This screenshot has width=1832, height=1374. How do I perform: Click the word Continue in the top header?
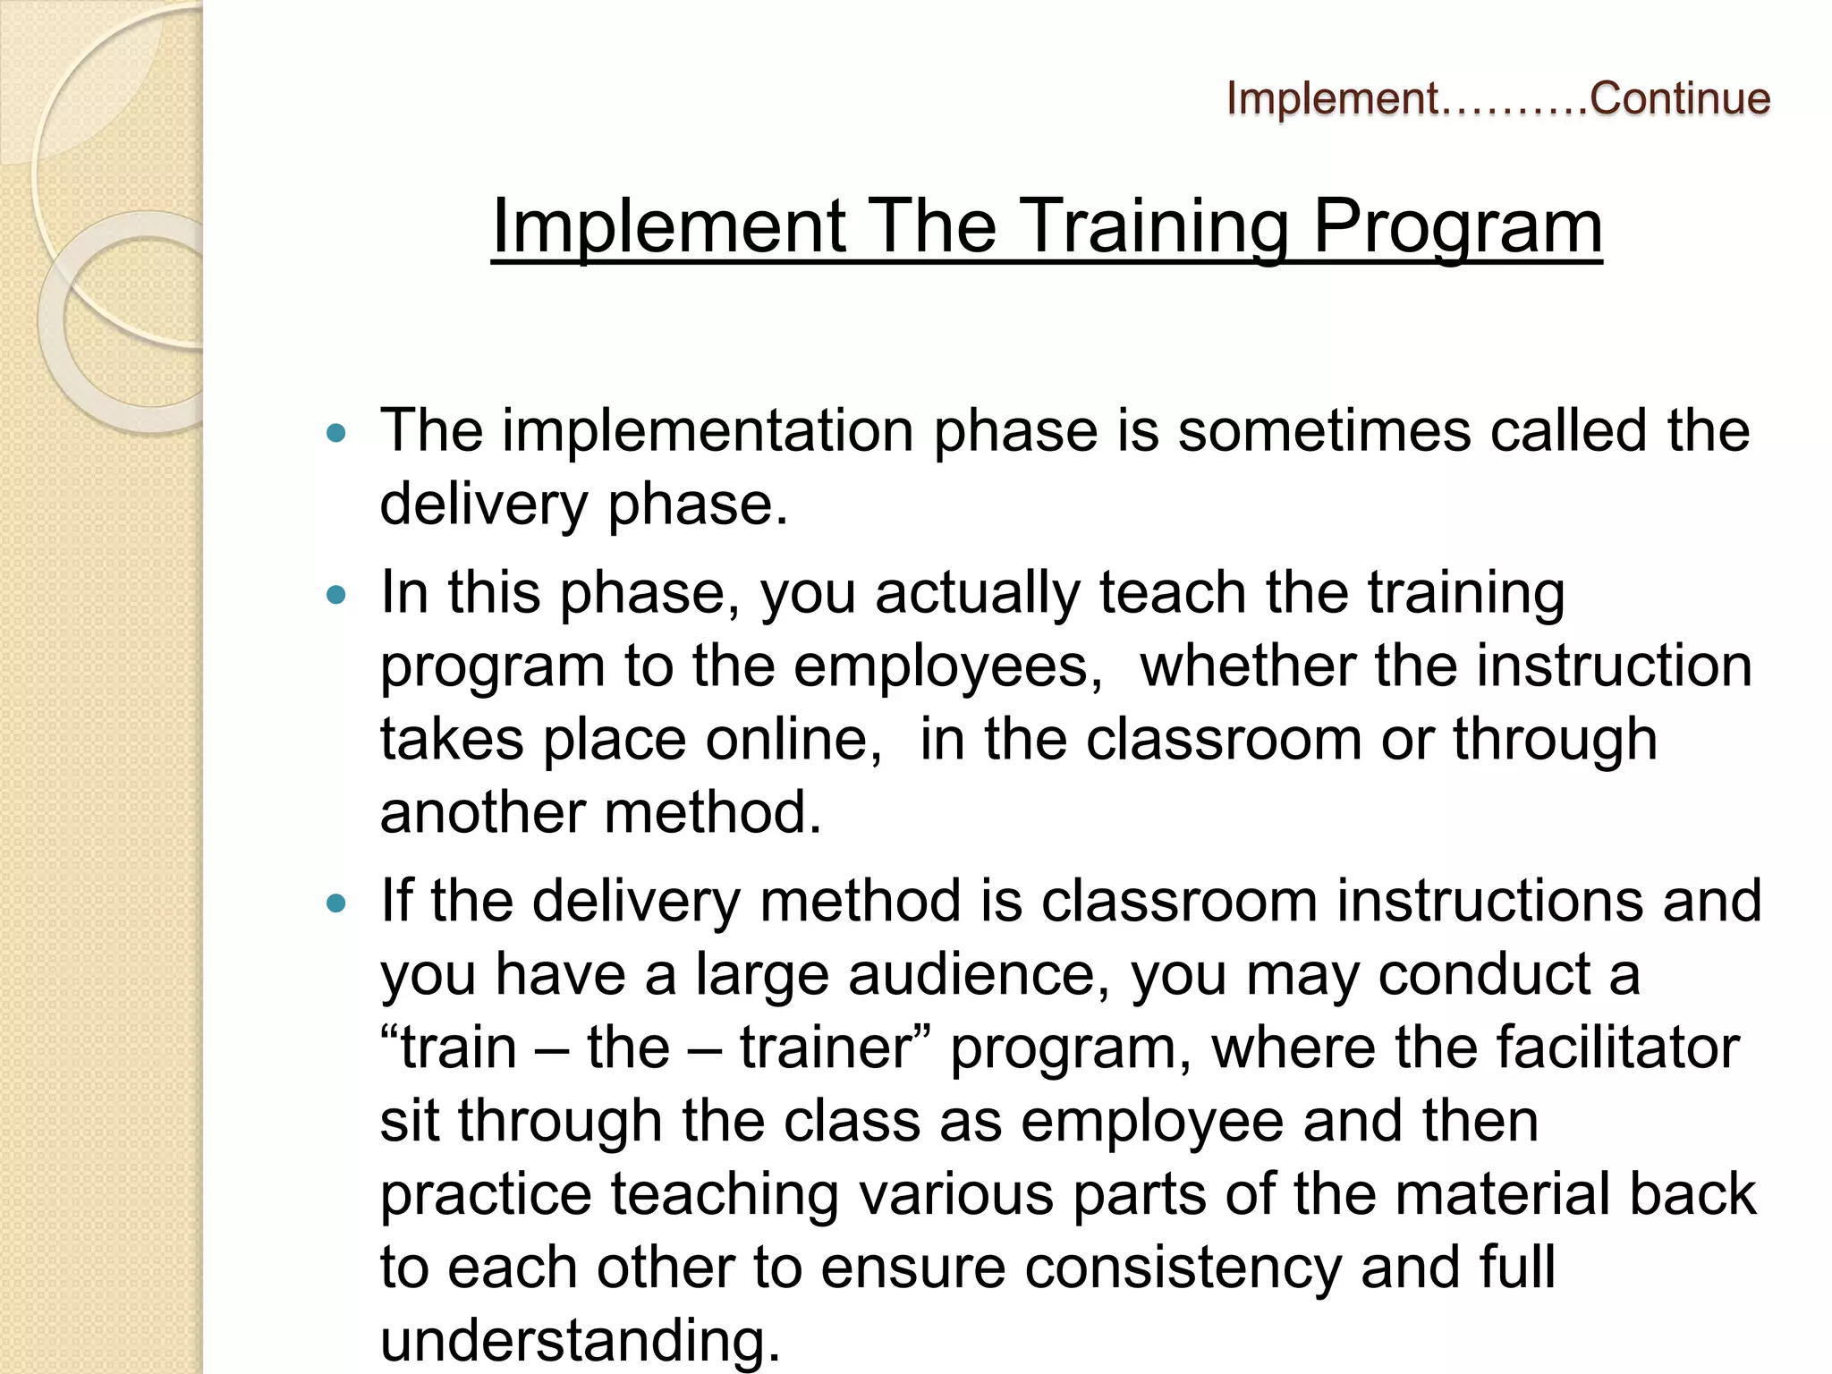pyautogui.click(x=1680, y=98)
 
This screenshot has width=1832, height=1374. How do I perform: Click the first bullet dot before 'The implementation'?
pyautogui.click(x=336, y=434)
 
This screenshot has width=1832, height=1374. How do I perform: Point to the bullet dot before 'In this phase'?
pyautogui.click(x=336, y=595)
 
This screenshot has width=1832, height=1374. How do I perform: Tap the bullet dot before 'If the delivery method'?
pyautogui.click(x=336, y=903)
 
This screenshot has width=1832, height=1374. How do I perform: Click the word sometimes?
pyautogui.click(x=1324, y=431)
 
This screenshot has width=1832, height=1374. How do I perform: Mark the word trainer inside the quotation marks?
pyautogui.click(x=823, y=1047)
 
